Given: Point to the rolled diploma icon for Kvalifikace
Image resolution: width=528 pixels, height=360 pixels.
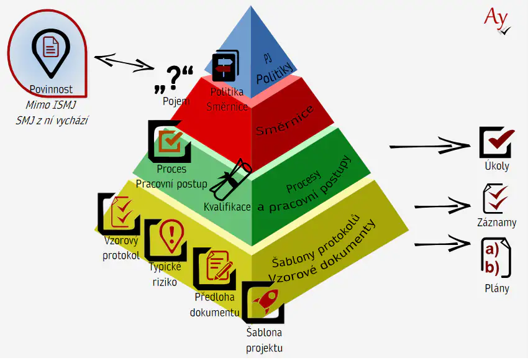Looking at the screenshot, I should point(230,180).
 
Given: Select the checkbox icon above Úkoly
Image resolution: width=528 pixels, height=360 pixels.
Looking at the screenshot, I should point(496,142).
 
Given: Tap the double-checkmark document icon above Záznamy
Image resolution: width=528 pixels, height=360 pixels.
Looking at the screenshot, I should point(496,198).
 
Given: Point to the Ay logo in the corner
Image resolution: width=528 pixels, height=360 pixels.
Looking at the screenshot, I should point(497,19).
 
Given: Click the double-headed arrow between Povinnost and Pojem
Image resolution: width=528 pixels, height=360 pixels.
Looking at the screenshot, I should point(125,62).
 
